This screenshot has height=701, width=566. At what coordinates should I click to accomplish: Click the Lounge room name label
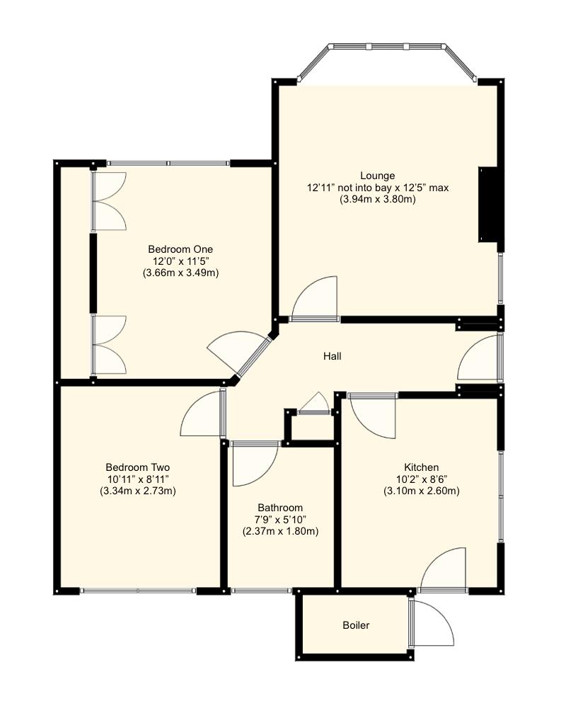coord(377,176)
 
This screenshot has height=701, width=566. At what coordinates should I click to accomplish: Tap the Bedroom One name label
coord(180,249)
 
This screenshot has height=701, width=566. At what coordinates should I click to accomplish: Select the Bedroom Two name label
coord(137,467)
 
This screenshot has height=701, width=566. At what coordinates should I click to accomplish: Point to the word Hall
coord(332,356)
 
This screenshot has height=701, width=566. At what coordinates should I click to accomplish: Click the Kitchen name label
coord(422,467)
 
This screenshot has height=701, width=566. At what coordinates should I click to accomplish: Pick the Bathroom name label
coord(280,508)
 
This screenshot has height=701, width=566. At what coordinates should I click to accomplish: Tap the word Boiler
coord(356,625)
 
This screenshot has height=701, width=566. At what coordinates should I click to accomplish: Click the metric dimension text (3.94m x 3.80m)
coord(377,200)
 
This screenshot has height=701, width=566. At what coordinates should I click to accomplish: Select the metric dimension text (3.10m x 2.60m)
coord(422,491)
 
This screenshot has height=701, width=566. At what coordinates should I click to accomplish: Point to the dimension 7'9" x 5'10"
coord(280,520)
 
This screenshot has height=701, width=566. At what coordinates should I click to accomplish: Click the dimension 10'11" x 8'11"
coord(137,479)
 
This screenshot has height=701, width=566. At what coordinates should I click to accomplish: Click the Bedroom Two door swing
coord(203,415)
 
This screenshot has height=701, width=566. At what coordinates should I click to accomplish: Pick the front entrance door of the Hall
coord(478,359)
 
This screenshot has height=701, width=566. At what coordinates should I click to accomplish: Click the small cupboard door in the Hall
coord(314,404)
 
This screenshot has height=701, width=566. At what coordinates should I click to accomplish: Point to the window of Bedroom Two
coord(138,590)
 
